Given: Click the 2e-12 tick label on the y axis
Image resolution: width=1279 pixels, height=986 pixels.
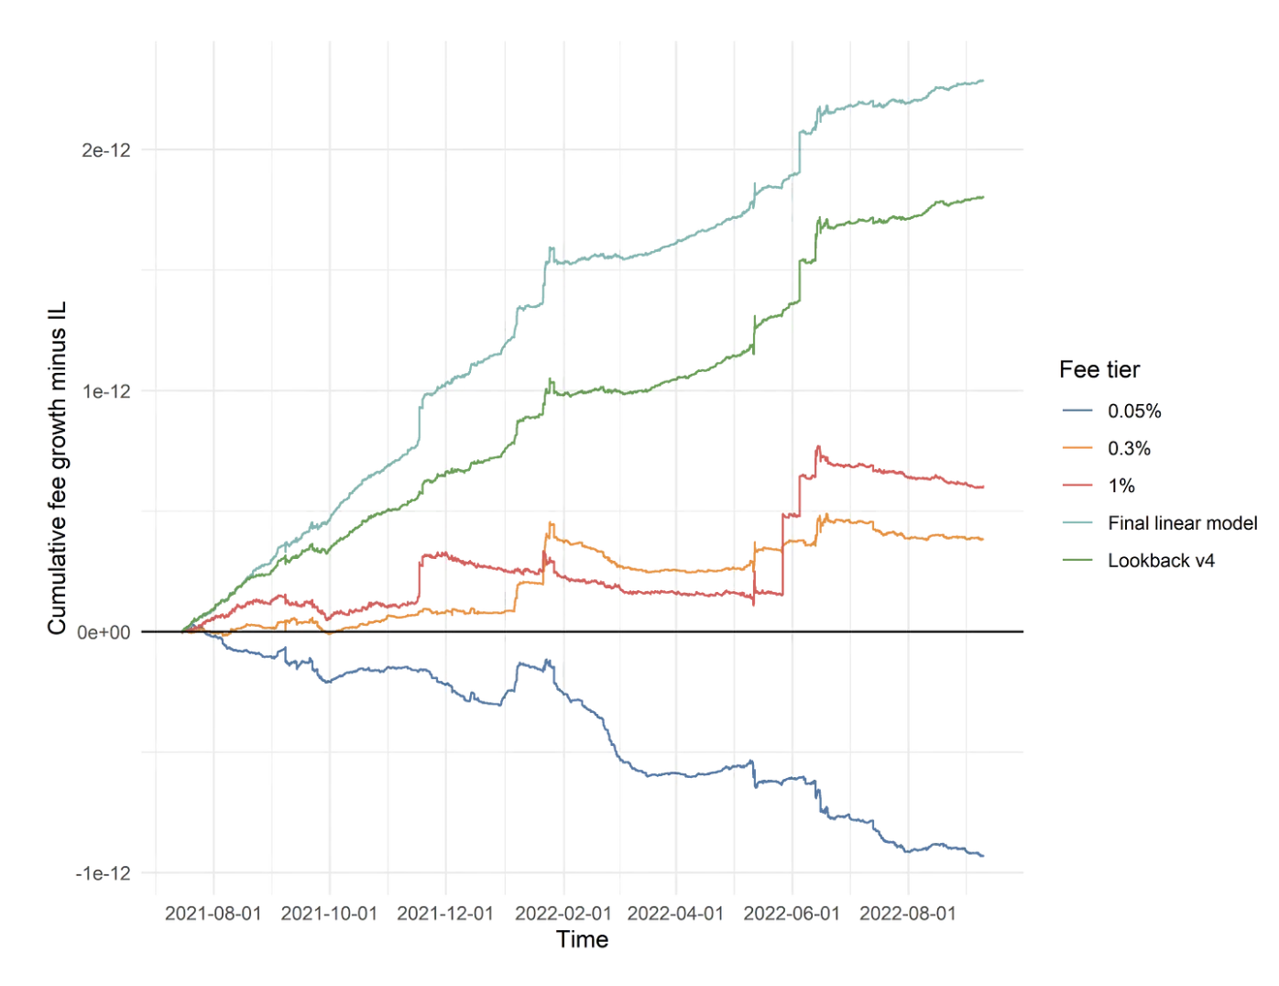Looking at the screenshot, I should [x=106, y=150].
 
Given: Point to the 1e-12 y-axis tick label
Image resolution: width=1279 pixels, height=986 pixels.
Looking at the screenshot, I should [x=106, y=391].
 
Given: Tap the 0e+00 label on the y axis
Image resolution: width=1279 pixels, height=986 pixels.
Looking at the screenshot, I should [x=104, y=632].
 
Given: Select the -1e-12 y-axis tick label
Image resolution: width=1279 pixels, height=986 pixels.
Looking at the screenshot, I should [x=104, y=873].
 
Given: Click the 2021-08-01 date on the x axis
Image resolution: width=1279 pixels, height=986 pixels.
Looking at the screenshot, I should [x=213, y=914].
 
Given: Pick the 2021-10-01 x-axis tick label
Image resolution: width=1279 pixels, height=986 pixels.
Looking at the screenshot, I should [x=329, y=914].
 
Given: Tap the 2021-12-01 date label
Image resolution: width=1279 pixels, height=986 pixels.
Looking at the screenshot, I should [x=445, y=914].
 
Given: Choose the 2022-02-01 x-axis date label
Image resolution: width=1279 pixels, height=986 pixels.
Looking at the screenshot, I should [x=563, y=914].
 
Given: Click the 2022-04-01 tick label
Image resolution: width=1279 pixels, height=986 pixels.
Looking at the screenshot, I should [x=675, y=914].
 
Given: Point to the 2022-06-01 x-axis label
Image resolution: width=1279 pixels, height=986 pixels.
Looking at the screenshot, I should [x=792, y=914].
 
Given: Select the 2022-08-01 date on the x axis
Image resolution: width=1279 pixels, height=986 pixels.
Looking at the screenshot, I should [x=908, y=914].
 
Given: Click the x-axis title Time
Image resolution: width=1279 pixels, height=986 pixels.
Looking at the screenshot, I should [x=583, y=939].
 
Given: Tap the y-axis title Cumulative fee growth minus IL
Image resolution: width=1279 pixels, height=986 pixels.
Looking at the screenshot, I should [x=58, y=467].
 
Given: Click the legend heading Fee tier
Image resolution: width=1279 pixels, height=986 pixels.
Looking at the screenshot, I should [x=1099, y=369].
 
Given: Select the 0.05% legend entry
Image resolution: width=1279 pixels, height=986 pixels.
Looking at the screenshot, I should [x=1134, y=411].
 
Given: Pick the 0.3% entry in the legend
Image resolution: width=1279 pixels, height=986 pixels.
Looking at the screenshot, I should [x=1129, y=449].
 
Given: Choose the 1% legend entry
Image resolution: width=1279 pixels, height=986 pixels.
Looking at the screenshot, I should [x=1121, y=486].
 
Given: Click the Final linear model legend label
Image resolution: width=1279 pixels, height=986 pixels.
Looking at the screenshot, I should [x=1182, y=523].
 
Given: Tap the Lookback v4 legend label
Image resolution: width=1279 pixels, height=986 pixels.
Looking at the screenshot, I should [x=1161, y=561].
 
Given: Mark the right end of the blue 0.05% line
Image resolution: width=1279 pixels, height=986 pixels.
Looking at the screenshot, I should [x=983, y=856].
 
